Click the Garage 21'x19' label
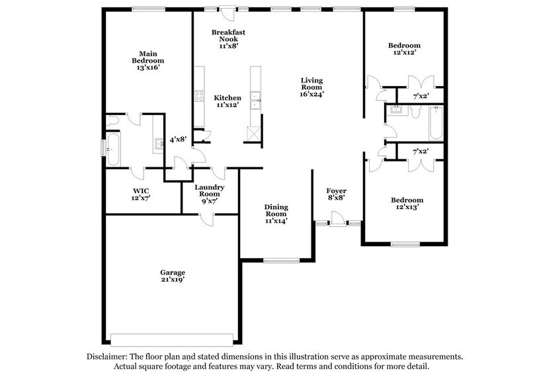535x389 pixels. click(171, 276)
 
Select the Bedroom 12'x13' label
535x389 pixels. click(405, 204)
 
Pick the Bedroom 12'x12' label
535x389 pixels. click(404, 50)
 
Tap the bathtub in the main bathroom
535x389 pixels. click(112, 150)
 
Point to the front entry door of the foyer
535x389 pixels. click(337, 219)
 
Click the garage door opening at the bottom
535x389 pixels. click(171, 335)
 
